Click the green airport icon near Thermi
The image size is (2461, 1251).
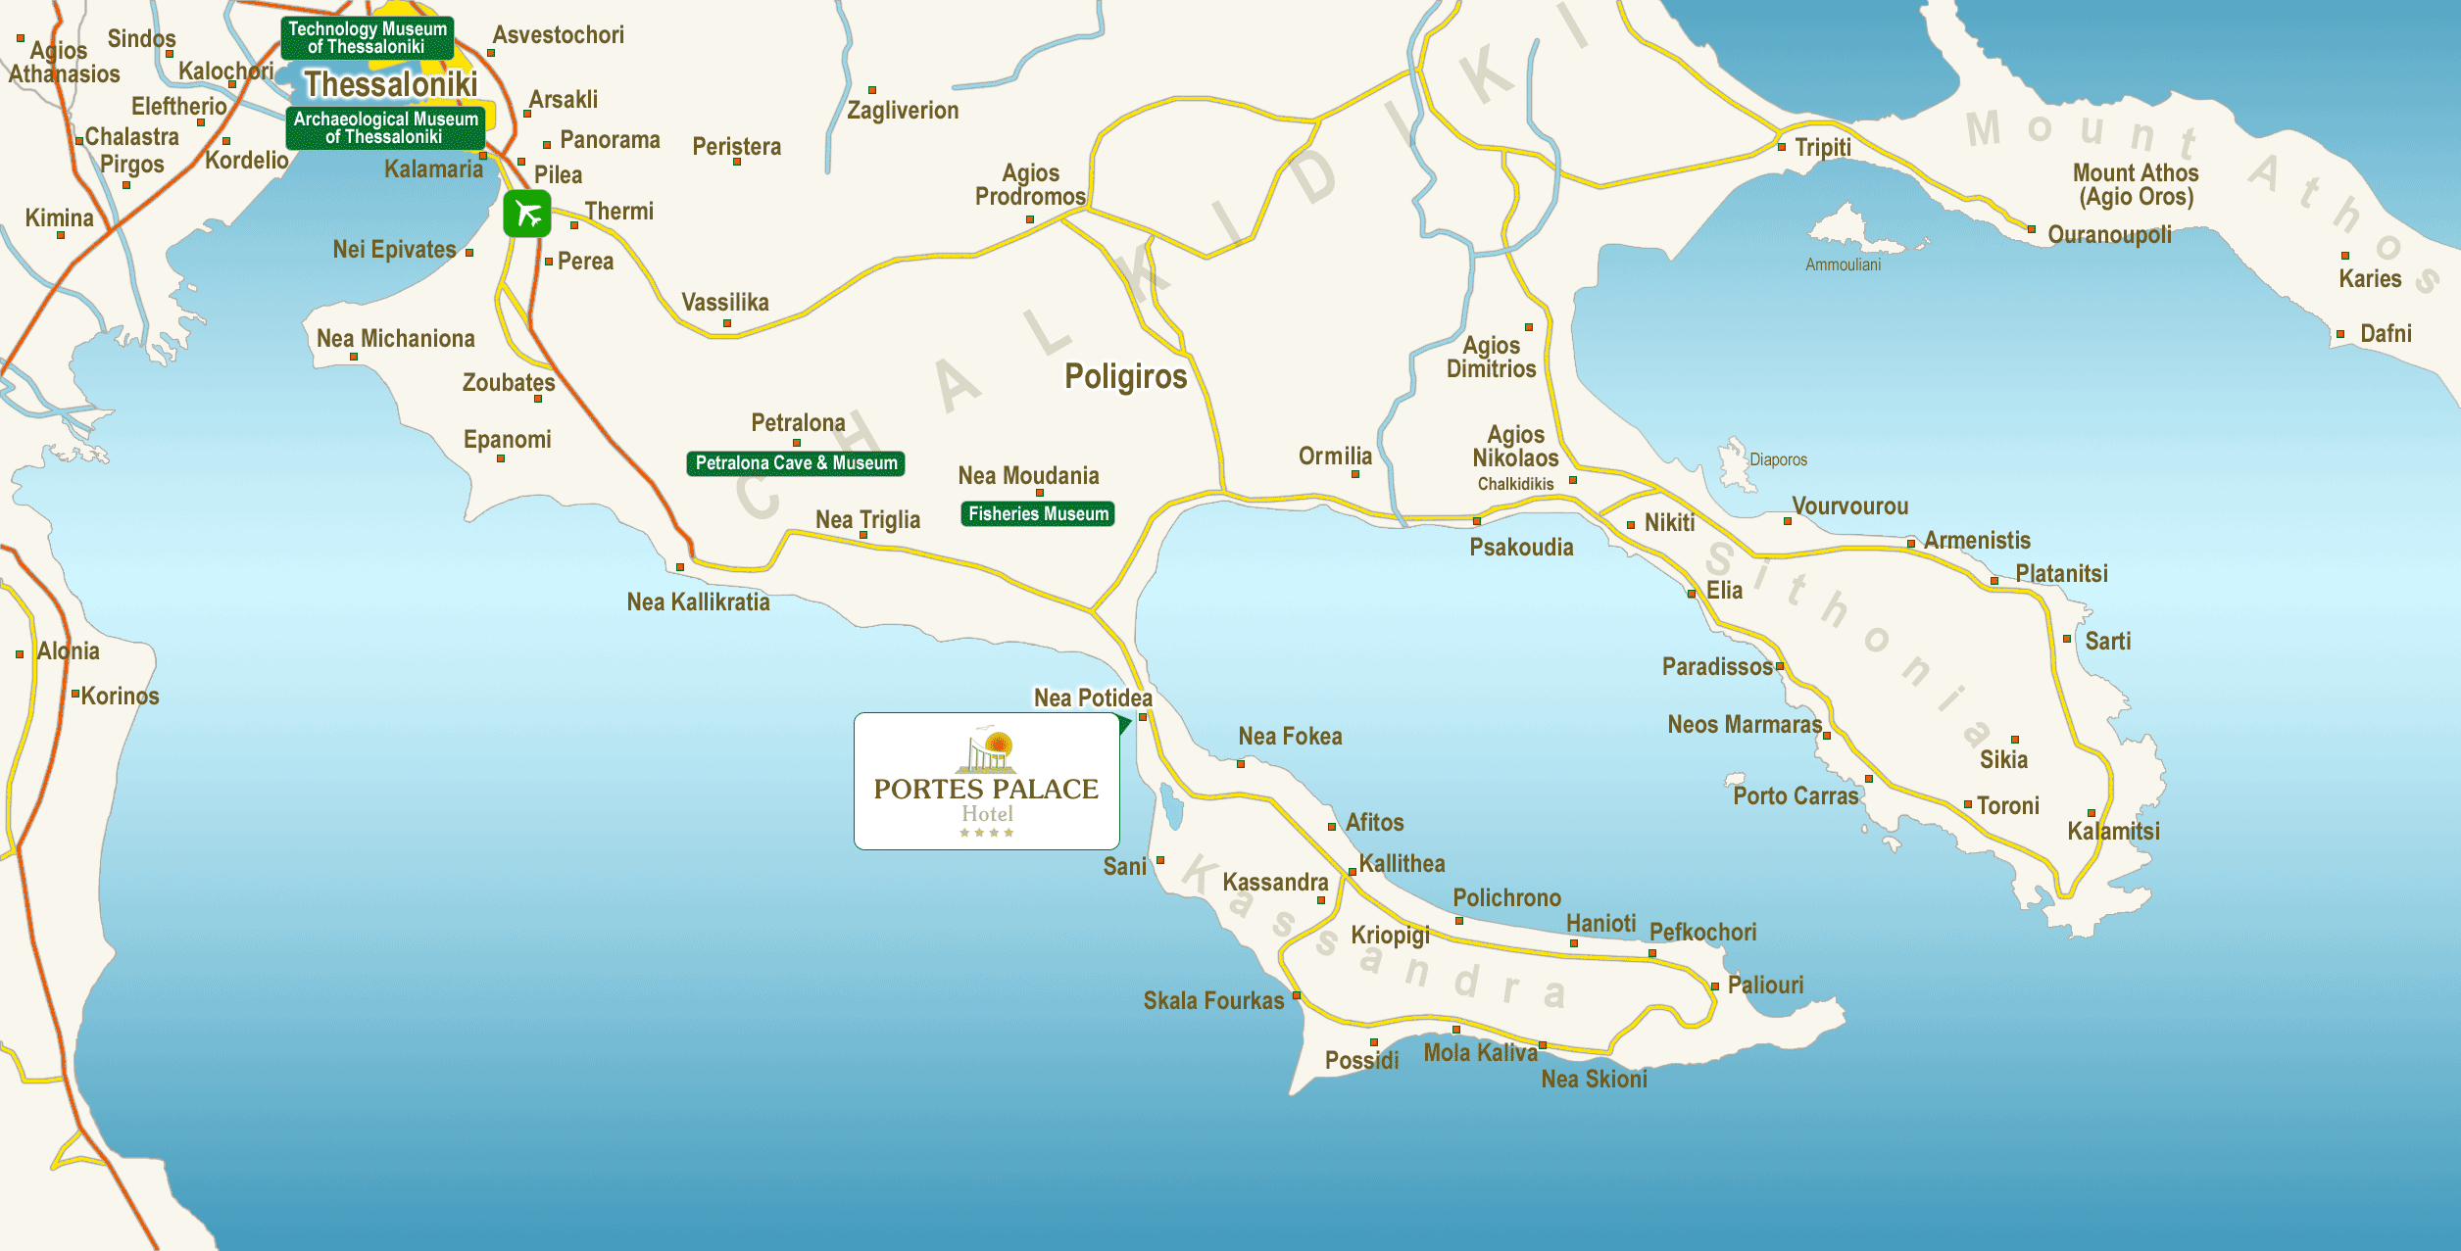point(527,214)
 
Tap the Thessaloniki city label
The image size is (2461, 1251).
point(390,85)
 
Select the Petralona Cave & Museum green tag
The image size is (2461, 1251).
point(796,463)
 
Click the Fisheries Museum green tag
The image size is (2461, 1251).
point(1038,514)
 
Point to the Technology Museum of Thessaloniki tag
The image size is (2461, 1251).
point(368,38)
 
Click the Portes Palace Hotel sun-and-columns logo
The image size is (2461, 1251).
point(987,751)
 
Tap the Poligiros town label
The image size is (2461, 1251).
point(1125,377)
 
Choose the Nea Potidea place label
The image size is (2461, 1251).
point(1093,698)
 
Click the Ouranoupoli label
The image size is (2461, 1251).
point(2109,235)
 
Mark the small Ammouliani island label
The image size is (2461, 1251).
point(1843,265)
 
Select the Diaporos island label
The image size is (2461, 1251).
point(1778,459)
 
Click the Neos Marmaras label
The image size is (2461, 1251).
point(1745,725)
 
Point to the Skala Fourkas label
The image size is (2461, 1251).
point(1213,1001)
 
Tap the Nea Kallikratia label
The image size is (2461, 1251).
point(698,602)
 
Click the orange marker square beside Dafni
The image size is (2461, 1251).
point(2340,335)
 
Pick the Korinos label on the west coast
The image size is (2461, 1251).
point(120,697)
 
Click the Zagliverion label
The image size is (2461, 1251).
point(903,111)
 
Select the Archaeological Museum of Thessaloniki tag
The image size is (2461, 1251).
point(386,128)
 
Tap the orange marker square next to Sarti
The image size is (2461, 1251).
point(2067,639)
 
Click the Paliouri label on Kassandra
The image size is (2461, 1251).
point(1765,986)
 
